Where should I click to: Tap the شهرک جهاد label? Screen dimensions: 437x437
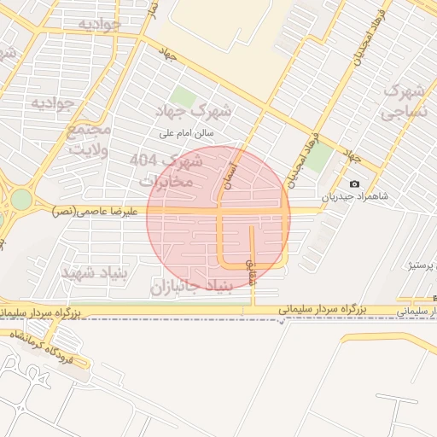coord(195,110)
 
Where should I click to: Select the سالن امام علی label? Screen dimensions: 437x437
coord(189,133)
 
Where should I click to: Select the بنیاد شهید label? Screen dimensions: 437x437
coord(94,271)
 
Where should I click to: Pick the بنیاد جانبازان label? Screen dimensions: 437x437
coord(192,288)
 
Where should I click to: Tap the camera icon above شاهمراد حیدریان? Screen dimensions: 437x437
coord(355,184)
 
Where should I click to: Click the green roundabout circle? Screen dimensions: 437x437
coord(21,200)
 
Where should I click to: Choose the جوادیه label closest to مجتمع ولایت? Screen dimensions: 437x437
coord(54,102)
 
